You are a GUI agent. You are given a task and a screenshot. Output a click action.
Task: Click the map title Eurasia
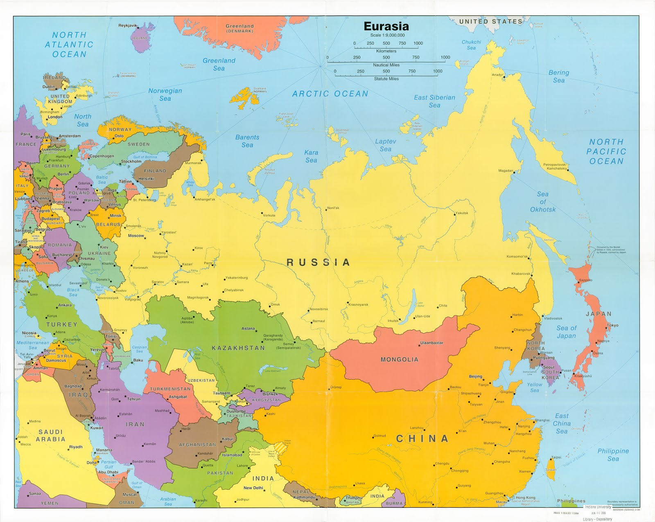(386, 26)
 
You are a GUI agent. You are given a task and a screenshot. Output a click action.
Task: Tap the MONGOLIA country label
(399, 359)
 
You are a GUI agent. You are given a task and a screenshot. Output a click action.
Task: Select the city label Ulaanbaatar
(431, 343)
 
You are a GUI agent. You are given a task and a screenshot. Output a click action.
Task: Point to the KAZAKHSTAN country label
(238, 348)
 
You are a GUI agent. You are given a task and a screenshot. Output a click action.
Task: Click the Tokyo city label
(612, 325)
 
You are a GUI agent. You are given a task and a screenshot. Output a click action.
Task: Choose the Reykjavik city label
(128, 25)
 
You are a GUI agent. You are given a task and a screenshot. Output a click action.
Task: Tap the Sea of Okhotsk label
(543, 202)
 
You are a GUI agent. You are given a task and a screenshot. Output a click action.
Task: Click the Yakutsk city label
(462, 213)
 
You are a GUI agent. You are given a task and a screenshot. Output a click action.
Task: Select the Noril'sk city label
(333, 208)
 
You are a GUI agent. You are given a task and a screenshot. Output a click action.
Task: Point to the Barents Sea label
(247, 141)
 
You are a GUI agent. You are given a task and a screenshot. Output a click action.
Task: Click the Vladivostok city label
(553, 318)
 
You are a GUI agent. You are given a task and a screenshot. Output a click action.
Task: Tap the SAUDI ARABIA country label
(50, 435)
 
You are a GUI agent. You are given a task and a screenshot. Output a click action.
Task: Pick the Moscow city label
(136, 236)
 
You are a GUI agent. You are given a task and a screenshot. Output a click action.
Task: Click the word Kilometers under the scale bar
(386, 51)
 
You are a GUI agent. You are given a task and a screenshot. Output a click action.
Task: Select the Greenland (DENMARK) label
(240, 28)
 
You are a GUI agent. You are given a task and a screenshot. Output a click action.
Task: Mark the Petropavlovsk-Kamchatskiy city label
(555, 166)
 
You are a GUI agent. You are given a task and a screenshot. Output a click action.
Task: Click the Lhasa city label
(360, 483)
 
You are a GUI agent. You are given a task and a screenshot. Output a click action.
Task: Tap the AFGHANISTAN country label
(197, 444)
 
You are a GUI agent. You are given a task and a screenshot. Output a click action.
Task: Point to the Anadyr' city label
(497, 75)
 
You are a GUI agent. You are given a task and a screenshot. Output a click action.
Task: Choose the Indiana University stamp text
(598, 507)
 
